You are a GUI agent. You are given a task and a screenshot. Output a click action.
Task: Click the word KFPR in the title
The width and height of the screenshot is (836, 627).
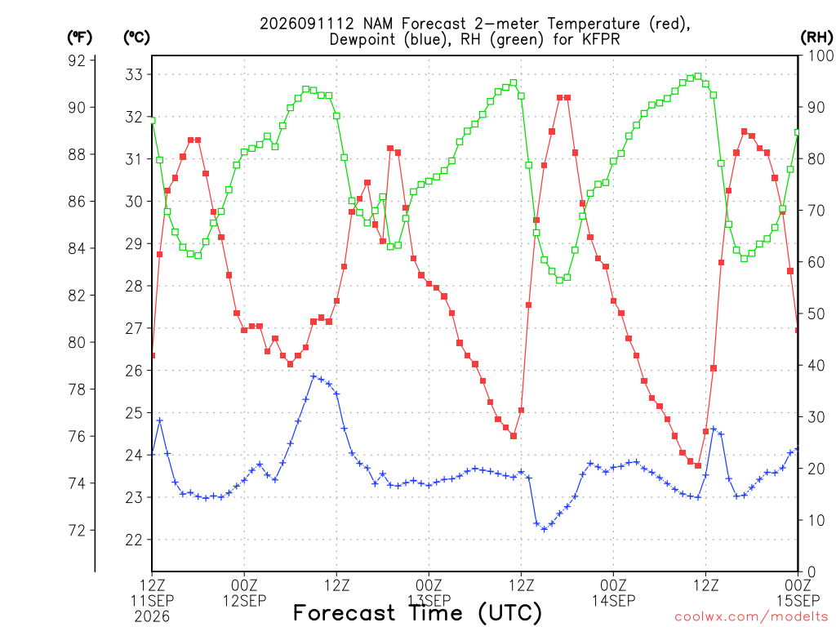(x=602, y=39)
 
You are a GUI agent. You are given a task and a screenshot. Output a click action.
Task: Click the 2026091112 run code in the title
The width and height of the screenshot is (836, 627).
(x=307, y=24)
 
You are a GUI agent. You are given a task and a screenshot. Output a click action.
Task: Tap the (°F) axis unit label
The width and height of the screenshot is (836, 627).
(x=79, y=38)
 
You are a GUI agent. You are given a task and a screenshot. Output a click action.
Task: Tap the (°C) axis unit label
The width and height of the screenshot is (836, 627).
(x=136, y=38)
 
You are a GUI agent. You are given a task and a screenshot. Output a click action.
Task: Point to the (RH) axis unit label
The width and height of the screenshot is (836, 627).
(x=816, y=38)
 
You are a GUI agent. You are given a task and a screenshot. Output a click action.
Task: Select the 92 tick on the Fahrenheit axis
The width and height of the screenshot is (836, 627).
(x=77, y=60)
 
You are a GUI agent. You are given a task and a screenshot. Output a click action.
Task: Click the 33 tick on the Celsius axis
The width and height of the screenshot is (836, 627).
(x=134, y=74)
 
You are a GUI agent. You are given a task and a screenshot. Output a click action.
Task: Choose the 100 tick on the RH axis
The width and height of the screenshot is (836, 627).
(x=820, y=56)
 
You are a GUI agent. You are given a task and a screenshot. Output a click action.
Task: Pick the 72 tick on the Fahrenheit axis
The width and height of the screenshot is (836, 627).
(x=77, y=531)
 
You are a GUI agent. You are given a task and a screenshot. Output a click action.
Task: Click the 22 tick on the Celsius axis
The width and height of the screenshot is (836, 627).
(x=134, y=540)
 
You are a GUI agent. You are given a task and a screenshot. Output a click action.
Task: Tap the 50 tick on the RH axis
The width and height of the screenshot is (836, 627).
(x=816, y=313)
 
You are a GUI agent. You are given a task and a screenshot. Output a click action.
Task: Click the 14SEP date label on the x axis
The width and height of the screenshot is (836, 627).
(x=614, y=601)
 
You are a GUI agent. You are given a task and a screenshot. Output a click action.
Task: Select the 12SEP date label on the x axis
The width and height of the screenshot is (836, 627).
(x=244, y=601)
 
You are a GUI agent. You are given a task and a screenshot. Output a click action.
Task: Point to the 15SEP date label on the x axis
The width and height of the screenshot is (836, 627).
(x=798, y=601)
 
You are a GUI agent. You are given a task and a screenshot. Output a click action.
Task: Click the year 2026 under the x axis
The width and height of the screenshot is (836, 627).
(x=152, y=617)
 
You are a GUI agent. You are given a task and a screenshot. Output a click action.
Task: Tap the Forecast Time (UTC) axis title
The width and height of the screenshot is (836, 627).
(x=417, y=613)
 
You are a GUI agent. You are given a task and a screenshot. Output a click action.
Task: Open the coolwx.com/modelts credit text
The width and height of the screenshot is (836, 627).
(x=751, y=617)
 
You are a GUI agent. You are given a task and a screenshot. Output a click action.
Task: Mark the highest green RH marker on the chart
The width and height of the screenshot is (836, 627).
(x=698, y=76)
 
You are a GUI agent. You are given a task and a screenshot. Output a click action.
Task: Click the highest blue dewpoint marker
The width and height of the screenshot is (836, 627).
(x=313, y=376)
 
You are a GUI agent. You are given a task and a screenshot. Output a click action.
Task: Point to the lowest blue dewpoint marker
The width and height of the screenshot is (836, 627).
(x=544, y=529)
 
